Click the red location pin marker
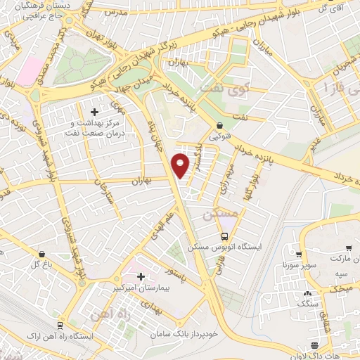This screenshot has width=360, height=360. (181, 166)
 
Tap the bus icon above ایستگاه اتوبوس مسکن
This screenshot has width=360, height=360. (224, 236)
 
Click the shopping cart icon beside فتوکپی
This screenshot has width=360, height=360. (219, 127)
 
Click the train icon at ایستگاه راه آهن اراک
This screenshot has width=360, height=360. (61, 326)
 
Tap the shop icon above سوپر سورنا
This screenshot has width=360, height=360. (299, 255)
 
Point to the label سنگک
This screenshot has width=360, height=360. (307, 304)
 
